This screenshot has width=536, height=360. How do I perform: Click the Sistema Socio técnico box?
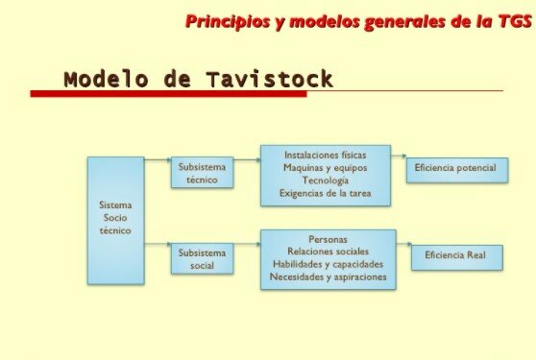coord(115,219)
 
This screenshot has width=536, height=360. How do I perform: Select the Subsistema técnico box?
coord(202,172)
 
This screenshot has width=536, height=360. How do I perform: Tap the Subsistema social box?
coord(202,258)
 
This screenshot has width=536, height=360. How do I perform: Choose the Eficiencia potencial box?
coord(454,168)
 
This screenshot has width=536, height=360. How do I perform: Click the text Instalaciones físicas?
coord(326,155)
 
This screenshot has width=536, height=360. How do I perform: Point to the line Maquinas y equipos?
coord(326,167)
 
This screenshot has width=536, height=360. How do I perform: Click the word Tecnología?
coord(326,180)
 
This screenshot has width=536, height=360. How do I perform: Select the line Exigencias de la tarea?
coord(326,193)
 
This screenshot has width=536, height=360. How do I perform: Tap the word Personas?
coord(329,238)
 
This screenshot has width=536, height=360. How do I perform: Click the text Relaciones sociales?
coord(329,251)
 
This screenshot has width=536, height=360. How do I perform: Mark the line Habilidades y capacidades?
coord(329,264)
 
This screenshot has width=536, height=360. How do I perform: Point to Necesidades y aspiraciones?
coord(329,277)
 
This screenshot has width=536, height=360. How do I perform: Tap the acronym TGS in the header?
coord(510,20)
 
